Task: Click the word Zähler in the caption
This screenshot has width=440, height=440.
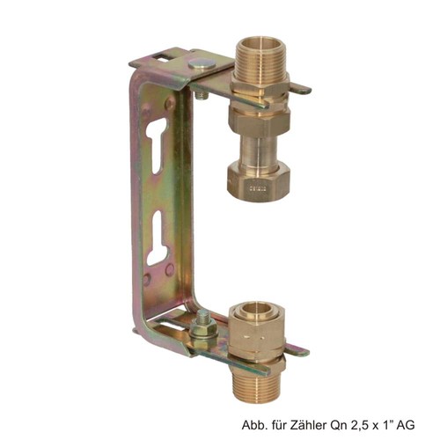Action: pyautogui.click(x=306, y=424)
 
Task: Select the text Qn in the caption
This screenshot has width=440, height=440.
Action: pyautogui.click(x=333, y=425)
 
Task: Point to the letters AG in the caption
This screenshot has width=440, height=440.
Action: pyautogui.click(x=407, y=424)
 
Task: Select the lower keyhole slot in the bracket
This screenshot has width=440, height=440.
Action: pyautogui.click(x=158, y=238)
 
